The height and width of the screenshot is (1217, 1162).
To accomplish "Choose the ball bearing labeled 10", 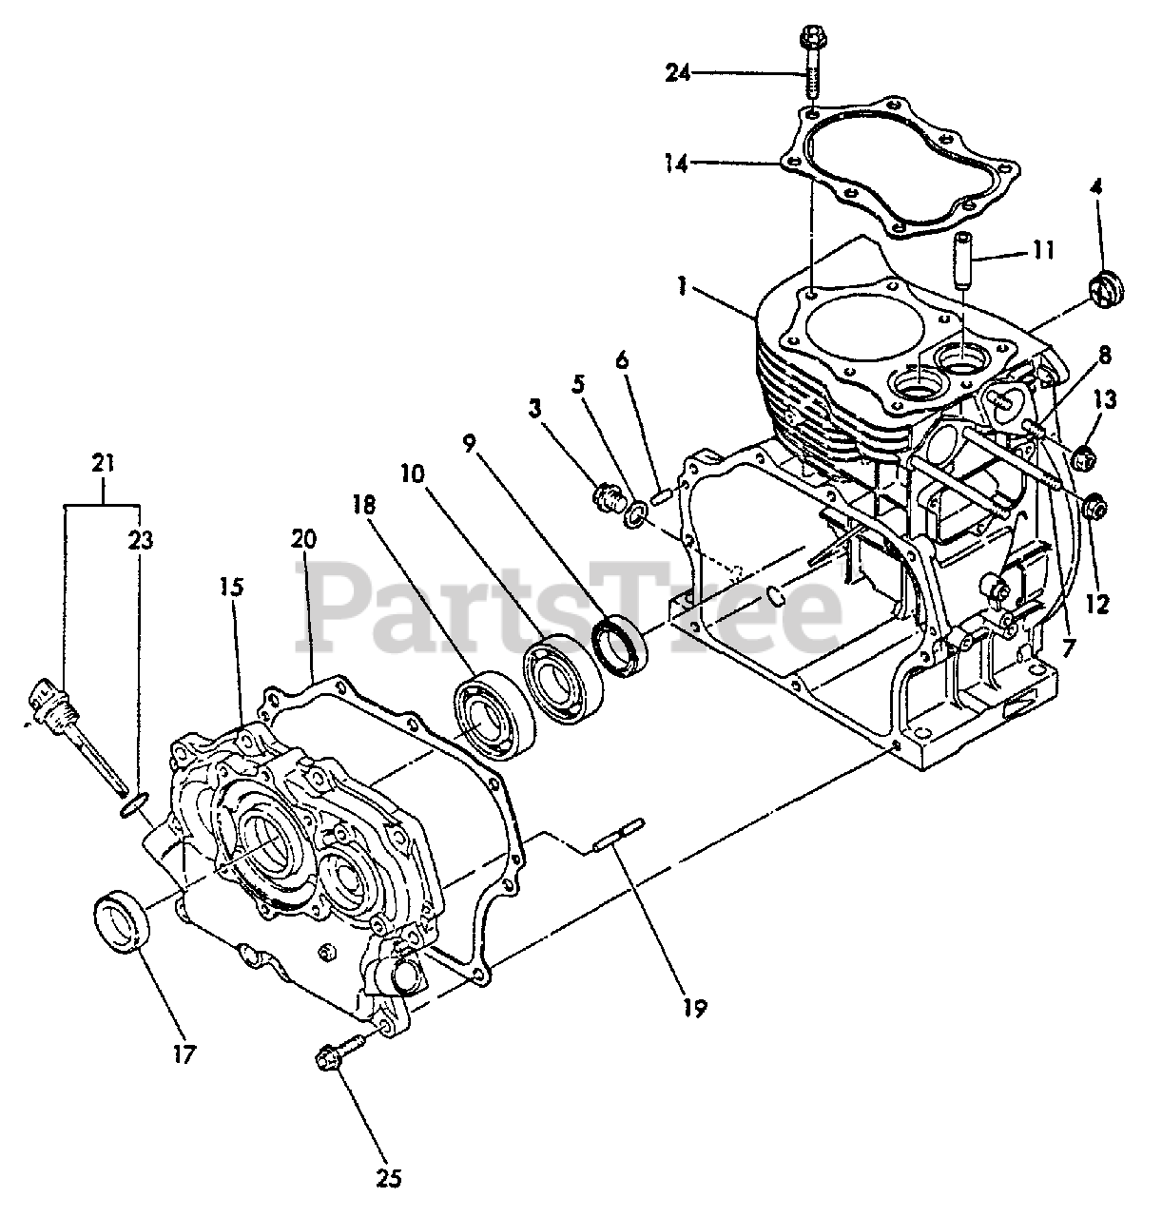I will (x=561, y=675).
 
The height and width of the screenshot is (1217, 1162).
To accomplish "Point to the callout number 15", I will (x=231, y=587).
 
